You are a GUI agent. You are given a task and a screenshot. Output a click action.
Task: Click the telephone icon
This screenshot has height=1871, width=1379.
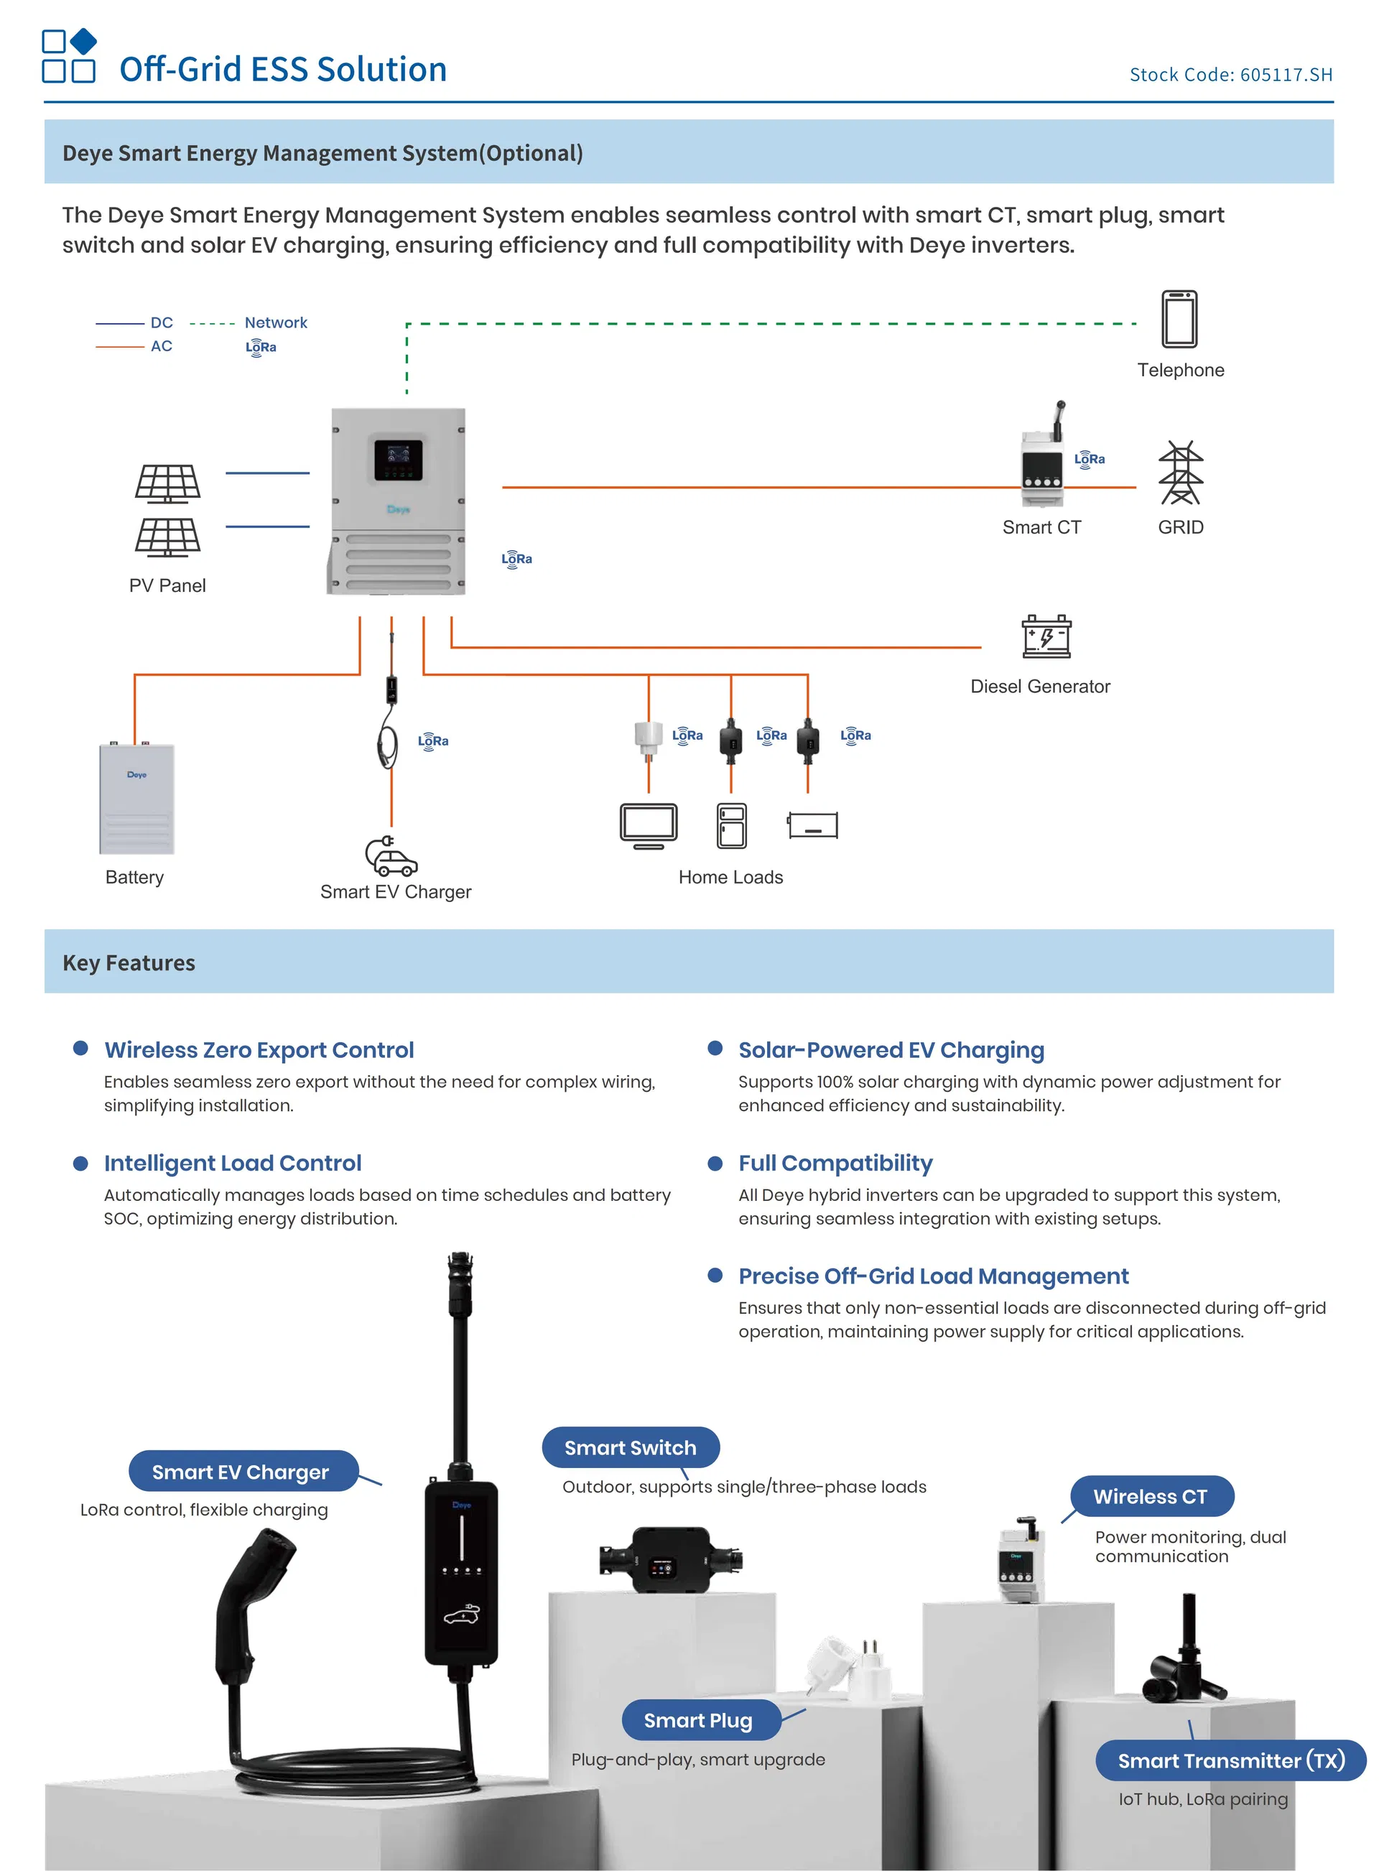click(1179, 318)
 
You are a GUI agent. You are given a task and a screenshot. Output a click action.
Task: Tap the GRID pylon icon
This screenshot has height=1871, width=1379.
click(1180, 473)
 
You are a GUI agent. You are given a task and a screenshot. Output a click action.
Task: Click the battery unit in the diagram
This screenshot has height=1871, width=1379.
click(137, 798)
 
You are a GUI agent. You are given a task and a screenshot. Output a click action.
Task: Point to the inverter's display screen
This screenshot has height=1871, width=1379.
click(398, 460)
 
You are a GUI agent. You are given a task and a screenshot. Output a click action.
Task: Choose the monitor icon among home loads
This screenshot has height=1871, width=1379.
click(649, 825)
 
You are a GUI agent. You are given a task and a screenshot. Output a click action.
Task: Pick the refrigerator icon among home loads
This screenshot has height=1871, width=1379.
click(731, 825)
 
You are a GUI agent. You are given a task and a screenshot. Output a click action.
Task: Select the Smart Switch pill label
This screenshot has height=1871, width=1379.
click(630, 1447)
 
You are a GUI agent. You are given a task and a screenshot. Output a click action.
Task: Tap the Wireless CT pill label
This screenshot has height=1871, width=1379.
click(1151, 1496)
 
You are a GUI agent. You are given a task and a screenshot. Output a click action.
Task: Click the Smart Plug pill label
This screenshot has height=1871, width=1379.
click(699, 1720)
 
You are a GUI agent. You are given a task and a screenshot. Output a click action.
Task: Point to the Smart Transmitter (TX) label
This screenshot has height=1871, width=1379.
click(1230, 1760)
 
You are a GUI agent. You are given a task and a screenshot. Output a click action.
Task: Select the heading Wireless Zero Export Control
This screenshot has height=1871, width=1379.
click(259, 1050)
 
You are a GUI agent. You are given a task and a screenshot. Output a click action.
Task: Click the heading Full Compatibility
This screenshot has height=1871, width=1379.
click(835, 1163)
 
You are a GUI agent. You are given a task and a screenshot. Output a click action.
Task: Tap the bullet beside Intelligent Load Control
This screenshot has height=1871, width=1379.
click(81, 1163)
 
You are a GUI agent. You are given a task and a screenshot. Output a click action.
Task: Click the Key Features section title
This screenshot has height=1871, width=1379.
click(129, 962)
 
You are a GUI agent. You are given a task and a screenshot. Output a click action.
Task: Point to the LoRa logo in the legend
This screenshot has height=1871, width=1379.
click(261, 347)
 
